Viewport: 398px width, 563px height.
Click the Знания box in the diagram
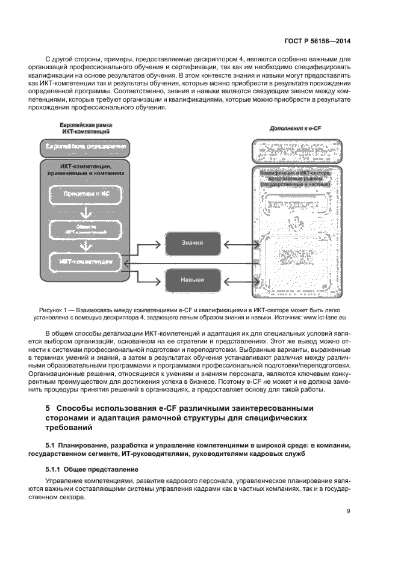(192, 244)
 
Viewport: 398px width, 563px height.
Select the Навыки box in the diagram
(192, 280)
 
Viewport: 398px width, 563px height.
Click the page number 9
(349, 511)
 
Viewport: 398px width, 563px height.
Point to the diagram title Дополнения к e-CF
(296, 129)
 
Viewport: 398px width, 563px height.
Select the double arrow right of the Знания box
(234, 244)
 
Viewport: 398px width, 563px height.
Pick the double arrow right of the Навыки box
(234, 280)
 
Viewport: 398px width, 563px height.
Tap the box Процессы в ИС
(84, 195)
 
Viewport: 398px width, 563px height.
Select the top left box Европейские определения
(84, 147)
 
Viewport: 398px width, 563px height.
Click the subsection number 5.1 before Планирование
(51, 445)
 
